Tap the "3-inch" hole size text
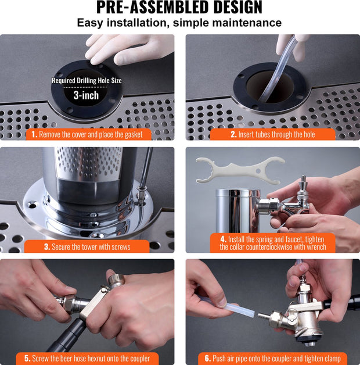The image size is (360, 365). pyautogui.click(x=86, y=95)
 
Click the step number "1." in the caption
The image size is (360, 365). pyautogui.click(x=34, y=134)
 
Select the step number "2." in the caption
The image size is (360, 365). pyautogui.click(x=233, y=134)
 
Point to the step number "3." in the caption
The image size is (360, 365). pyautogui.click(x=47, y=247)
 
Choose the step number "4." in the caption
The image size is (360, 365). pyautogui.click(x=224, y=239)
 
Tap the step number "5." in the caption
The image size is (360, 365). pyautogui.click(x=27, y=358)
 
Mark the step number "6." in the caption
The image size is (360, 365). pyautogui.click(x=208, y=358)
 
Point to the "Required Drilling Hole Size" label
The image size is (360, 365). pyautogui.click(x=87, y=81)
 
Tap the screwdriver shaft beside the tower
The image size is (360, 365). pyautogui.click(x=146, y=167)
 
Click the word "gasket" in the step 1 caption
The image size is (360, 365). pyautogui.click(x=134, y=135)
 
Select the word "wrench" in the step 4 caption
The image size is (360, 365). pyautogui.click(x=316, y=247)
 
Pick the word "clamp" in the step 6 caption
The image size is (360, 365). pyautogui.click(x=332, y=359)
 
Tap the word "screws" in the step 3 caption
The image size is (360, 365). pyautogui.click(x=121, y=247)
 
